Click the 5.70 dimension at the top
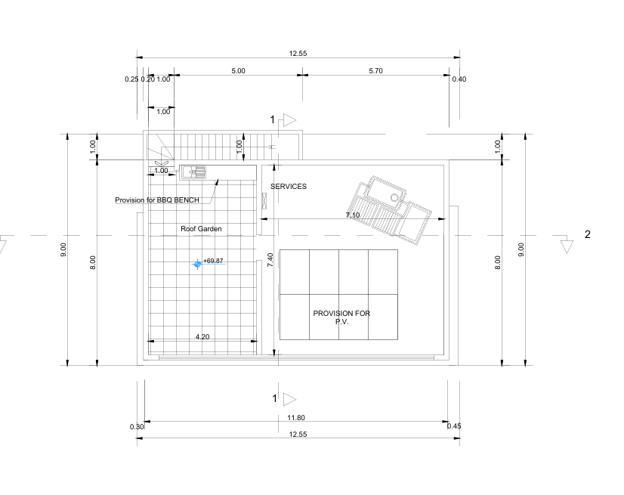tap(375, 70)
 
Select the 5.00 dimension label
tap(238, 70)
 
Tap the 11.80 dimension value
tap(296, 418)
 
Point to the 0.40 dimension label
tap(459, 79)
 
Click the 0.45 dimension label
tap(454, 426)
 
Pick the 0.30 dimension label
tap(137, 427)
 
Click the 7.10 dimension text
tap(353, 215)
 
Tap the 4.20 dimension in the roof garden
tap(202, 336)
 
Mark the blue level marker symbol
tap(197, 263)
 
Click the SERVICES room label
tap(289, 186)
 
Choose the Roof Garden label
tap(196, 228)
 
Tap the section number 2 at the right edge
tap(588, 234)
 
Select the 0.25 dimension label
tap(131, 79)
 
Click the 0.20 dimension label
tap(147, 79)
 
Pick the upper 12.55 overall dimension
tap(298, 54)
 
